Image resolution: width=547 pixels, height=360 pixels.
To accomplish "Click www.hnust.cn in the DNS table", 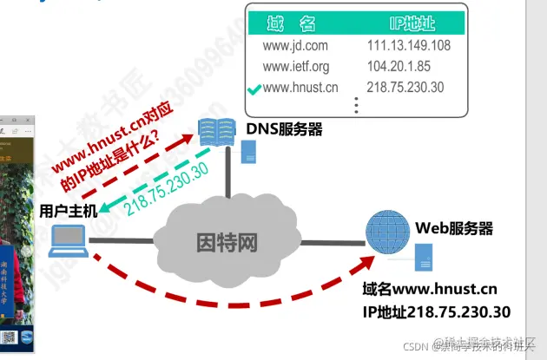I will point(300,87).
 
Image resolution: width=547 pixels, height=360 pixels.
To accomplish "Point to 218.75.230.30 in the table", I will point(405,87).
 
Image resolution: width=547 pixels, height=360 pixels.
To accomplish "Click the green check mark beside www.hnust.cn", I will point(254,88).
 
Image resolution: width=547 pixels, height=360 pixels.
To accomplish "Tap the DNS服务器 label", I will point(284,129).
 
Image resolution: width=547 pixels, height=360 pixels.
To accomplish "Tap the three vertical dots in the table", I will point(355,105).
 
